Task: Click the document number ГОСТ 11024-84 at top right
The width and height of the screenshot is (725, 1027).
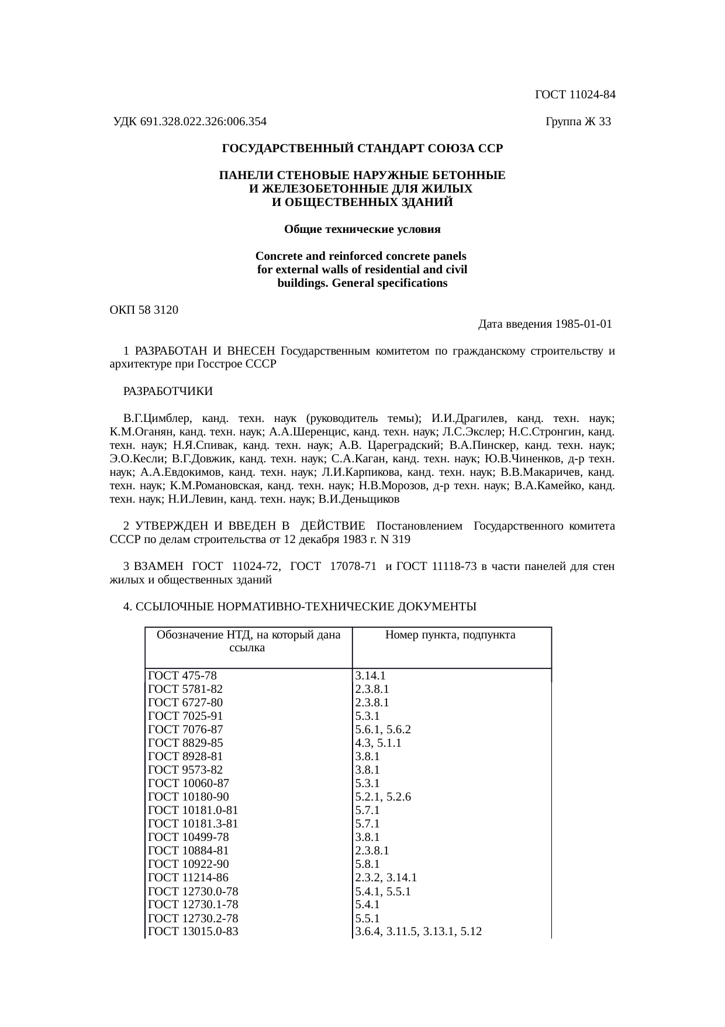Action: tap(575, 95)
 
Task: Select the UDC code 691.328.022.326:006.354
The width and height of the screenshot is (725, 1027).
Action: tap(203, 122)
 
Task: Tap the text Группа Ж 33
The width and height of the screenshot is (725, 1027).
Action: tap(578, 122)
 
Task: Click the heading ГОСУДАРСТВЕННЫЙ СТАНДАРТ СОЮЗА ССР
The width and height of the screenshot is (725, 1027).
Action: tap(362, 149)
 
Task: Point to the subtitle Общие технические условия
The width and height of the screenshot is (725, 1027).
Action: tap(362, 229)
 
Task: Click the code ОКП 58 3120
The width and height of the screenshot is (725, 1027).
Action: tap(144, 310)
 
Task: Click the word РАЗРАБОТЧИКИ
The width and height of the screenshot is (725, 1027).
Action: tap(168, 391)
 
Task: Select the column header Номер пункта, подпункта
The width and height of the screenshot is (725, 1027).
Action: tap(451, 635)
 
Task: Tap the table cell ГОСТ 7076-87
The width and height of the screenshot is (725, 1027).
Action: tap(185, 730)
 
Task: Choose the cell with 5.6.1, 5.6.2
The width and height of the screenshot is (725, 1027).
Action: tap(383, 730)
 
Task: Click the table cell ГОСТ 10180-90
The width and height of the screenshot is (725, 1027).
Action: tap(189, 797)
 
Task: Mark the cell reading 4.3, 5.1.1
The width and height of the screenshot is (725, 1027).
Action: tap(378, 743)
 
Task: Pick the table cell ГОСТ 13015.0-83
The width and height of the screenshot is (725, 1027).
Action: tap(194, 931)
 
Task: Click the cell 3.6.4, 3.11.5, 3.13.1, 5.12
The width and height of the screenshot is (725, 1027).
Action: tap(418, 931)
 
